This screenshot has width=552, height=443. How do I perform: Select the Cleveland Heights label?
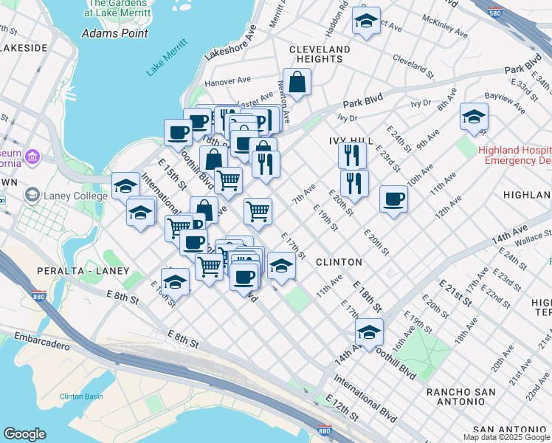click(x=320, y=55)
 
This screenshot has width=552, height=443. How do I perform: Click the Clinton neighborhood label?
click(x=339, y=262)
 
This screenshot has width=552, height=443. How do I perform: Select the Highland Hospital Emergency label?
click(x=514, y=155)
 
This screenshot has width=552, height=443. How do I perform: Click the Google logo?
click(x=24, y=434)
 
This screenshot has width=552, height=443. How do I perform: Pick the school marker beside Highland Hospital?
click(x=474, y=117)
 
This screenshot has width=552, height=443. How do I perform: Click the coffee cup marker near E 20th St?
click(x=394, y=199)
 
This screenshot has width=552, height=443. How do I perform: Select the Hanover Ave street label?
click(x=228, y=80)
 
